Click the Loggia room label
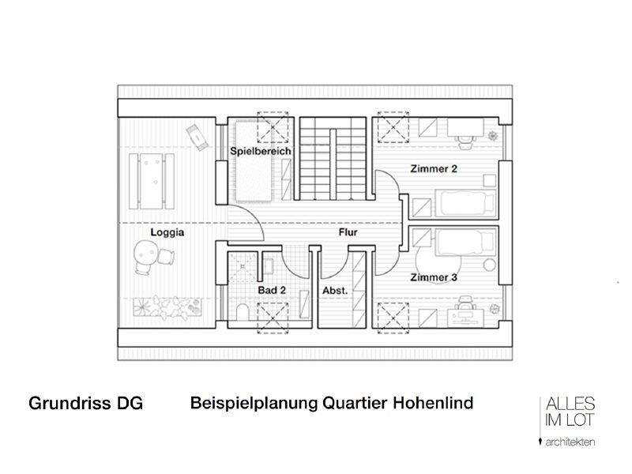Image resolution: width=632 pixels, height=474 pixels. [167, 233]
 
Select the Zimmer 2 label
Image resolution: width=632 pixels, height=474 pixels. [433, 169]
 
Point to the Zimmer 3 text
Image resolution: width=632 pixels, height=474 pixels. [433, 278]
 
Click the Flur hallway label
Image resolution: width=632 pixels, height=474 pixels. [348, 233]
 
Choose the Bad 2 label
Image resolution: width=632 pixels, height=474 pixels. [272, 291]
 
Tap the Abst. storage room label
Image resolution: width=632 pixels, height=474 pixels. [335, 291]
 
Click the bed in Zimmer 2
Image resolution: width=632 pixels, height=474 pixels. [467, 205]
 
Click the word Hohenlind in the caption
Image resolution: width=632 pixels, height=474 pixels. [431, 403]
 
